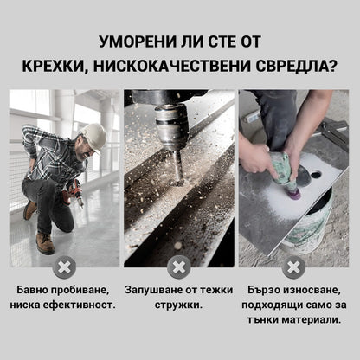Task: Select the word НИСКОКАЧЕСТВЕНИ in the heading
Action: point(199,67)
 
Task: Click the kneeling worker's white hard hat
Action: point(93,136)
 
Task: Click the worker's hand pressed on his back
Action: point(35,164)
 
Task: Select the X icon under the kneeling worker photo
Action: point(63,267)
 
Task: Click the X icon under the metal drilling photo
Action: point(179,267)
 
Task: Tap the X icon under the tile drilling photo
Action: point(294,267)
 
